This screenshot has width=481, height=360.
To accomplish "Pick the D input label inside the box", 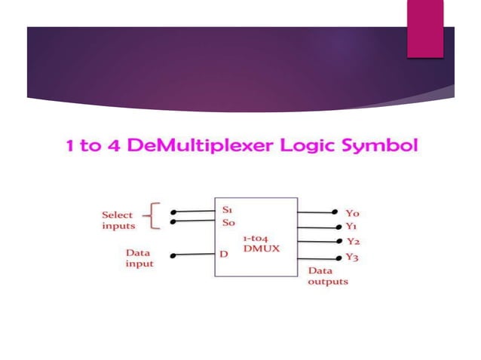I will click(x=223, y=255).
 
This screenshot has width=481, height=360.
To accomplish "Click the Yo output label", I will click(x=352, y=213).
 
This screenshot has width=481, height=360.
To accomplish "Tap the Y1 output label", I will click(x=351, y=227).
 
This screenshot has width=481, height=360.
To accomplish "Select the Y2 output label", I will click(x=352, y=242).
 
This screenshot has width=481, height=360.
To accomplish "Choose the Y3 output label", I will click(x=352, y=258).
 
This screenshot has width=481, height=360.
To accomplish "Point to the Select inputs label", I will click(x=118, y=220).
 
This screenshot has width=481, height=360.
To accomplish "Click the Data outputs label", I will click(x=328, y=276).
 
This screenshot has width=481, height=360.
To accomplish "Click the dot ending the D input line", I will click(x=173, y=256).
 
